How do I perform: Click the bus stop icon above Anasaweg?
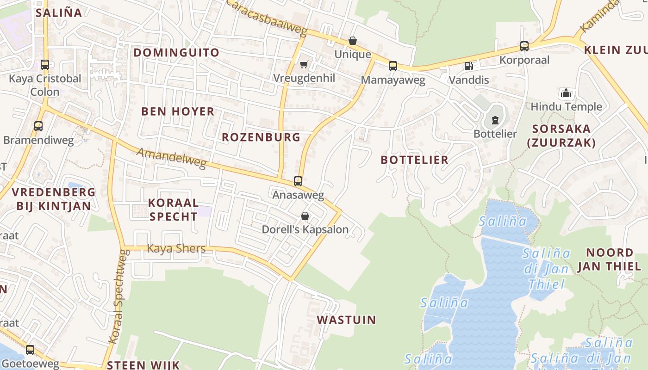pyautogui.click(x=298, y=181)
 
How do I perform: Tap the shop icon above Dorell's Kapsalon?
pyautogui.click(x=305, y=216)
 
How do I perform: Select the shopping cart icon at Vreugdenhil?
pyautogui.click(x=304, y=64)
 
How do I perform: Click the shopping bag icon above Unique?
pyautogui.click(x=353, y=41)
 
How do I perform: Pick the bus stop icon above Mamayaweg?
pyautogui.click(x=393, y=66)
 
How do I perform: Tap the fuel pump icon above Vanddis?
pyautogui.click(x=469, y=66)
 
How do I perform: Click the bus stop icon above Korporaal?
pyautogui.click(x=524, y=46)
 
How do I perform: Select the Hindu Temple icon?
pyautogui.click(x=566, y=93)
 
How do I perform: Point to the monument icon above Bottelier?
pyautogui.click(x=495, y=121)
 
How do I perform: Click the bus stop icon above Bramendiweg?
pyautogui.click(x=38, y=126)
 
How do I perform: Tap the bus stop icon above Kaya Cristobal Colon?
pyautogui.click(x=45, y=65)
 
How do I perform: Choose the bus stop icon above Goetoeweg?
pyautogui.click(x=30, y=350)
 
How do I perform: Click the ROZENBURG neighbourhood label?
pyautogui.click(x=261, y=137)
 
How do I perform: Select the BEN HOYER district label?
pyautogui.click(x=178, y=111)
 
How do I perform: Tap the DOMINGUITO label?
pyautogui.click(x=176, y=53)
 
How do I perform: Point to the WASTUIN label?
pyautogui.click(x=346, y=320)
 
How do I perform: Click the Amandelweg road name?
pyautogui.click(x=171, y=158)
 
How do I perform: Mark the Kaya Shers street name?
pyautogui.click(x=176, y=249)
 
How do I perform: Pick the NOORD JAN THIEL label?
pyautogui.click(x=609, y=259)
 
